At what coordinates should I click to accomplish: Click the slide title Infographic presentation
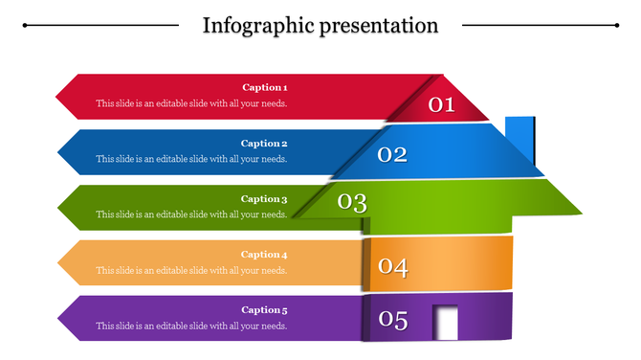coord(320,25)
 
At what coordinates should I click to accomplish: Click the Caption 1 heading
coord(264,88)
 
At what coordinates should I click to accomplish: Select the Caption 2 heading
coord(264,144)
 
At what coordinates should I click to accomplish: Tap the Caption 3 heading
coord(264,199)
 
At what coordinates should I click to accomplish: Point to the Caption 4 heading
coord(264,255)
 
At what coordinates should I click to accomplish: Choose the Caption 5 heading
coord(264,310)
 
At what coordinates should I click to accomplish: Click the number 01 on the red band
coord(441,104)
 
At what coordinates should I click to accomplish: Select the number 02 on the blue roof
coord(392,154)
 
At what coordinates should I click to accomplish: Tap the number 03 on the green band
coord(352,202)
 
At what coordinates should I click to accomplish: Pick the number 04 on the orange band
coord(392,267)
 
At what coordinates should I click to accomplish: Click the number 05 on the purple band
coord(392,321)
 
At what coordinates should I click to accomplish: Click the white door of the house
coord(446,322)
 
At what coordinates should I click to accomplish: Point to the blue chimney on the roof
coord(519,139)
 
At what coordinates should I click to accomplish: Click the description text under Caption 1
coord(191,103)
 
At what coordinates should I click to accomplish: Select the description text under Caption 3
coord(191,214)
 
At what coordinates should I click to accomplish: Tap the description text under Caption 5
coord(191,326)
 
